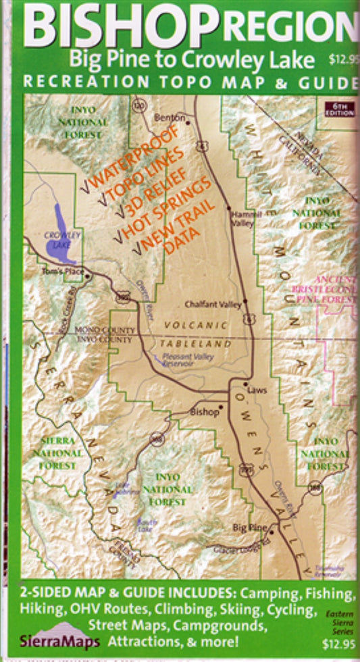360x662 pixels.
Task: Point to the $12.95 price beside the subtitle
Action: tap(342, 59)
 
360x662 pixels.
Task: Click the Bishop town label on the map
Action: tap(205, 410)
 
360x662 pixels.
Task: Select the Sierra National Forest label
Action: tap(57, 453)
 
